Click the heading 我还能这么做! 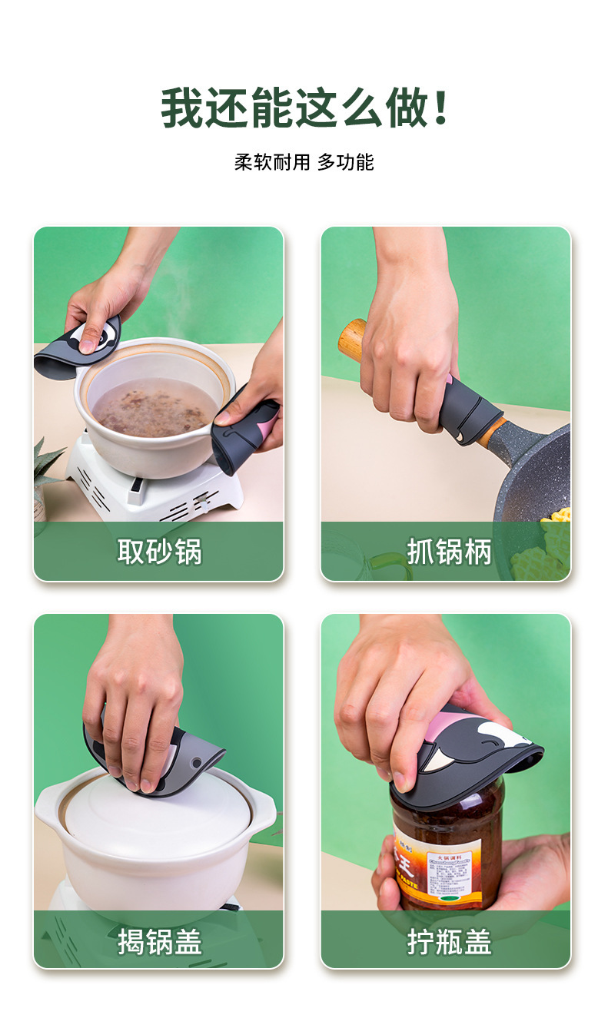pyautogui.click(x=304, y=108)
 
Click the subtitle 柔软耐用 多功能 pyautogui.click(x=304, y=162)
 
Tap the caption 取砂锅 pyautogui.click(x=159, y=552)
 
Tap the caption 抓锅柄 pyautogui.click(x=448, y=552)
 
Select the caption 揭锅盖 pyautogui.click(x=159, y=940)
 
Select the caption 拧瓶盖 pyautogui.click(x=448, y=940)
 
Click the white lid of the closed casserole pyautogui.click(x=154, y=811)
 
